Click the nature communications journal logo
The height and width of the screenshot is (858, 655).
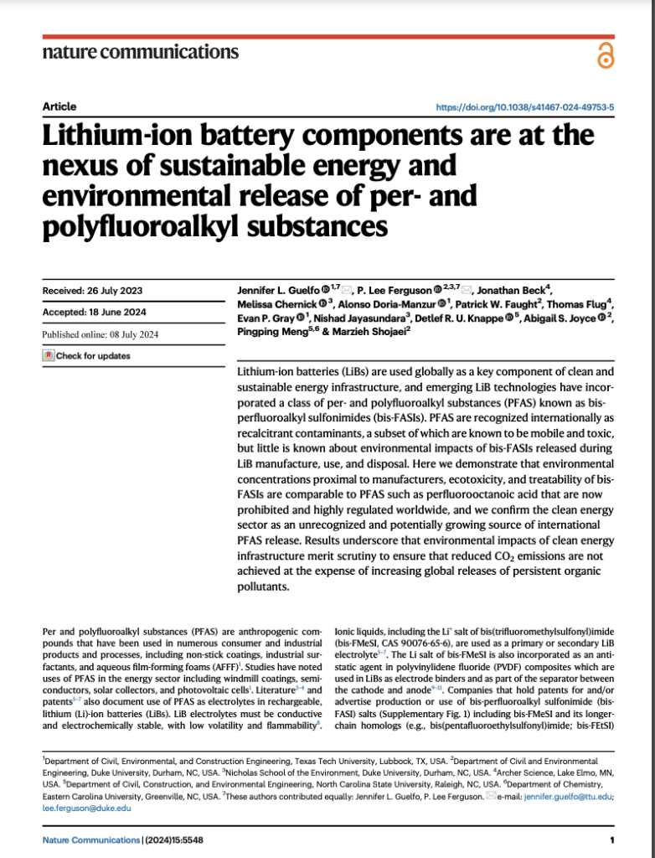pos(140,52)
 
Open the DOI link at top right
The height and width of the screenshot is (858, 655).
pos(526,107)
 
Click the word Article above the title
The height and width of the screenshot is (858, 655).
pos(59,107)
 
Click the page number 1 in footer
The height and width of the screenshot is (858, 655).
pos(612,840)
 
